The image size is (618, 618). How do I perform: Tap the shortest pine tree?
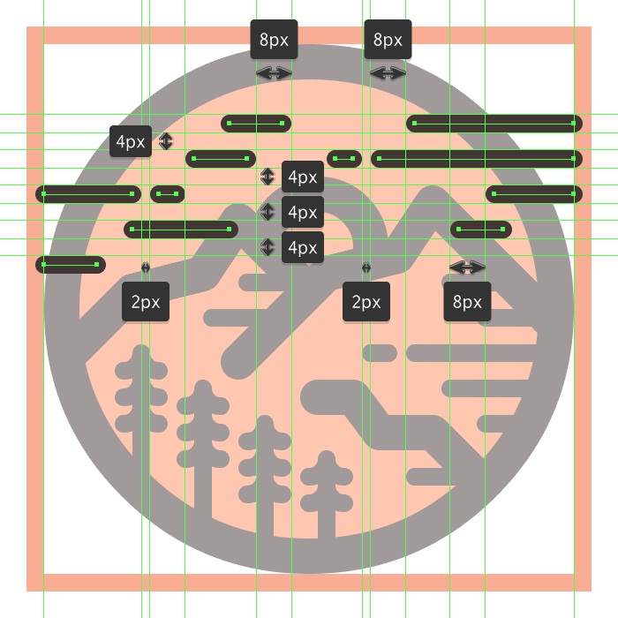327,490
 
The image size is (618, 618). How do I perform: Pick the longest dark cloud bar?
477,159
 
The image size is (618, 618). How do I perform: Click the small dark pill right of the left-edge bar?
167,193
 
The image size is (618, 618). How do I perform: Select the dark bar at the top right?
494,124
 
